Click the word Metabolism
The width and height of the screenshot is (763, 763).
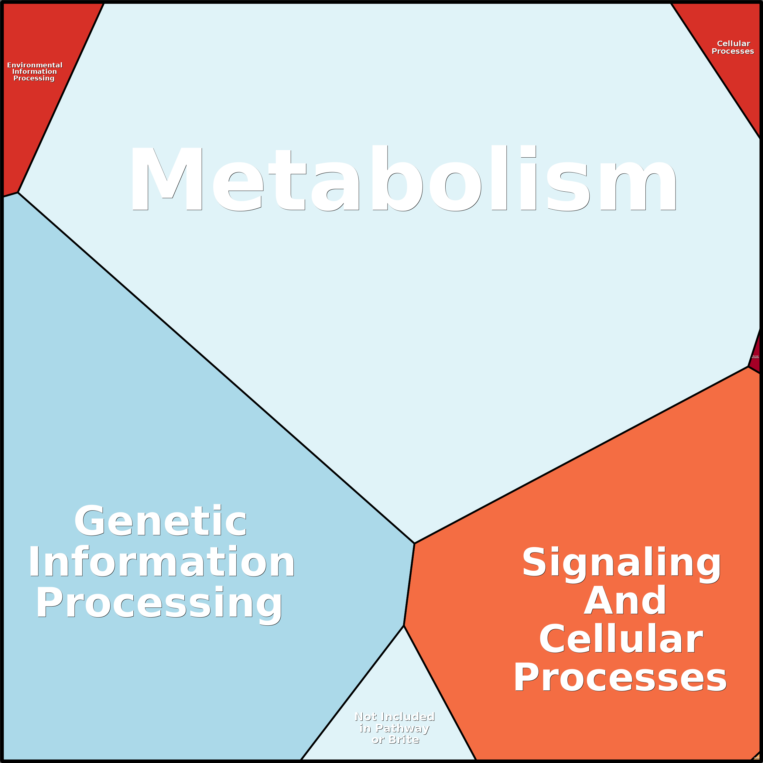coord(403,180)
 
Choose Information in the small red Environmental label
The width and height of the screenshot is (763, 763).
coord(34,71)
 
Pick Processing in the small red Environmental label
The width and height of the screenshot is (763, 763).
coord(34,78)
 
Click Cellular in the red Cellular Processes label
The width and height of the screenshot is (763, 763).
coord(733,43)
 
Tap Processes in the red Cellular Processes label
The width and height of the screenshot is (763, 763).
coord(733,51)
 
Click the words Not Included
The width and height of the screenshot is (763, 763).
coord(395,717)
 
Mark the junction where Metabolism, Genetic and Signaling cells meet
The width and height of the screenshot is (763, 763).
coord(414,543)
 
